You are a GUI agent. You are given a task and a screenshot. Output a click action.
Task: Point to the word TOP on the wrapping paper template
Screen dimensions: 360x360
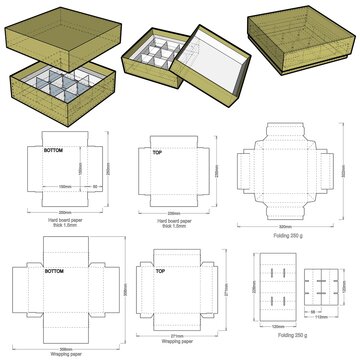coord(160,270)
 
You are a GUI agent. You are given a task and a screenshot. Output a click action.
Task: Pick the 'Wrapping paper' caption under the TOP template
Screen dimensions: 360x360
coord(172,341)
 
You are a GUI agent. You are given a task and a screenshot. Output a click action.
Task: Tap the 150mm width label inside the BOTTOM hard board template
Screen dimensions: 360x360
coord(61,186)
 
